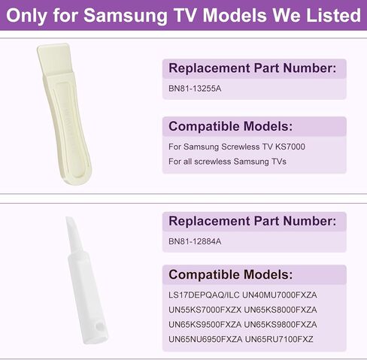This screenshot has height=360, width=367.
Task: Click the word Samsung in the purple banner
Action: [x=125, y=17]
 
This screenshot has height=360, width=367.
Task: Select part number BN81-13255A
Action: [x=195, y=89]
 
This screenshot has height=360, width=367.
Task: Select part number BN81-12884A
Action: [x=195, y=241]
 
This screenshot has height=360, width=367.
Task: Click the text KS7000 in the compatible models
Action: [x=290, y=147]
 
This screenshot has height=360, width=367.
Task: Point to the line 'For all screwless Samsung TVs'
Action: [x=227, y=162]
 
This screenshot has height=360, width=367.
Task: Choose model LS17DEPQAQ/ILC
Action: [x=204, y=295]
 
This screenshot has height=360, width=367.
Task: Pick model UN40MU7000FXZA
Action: [x=280, y=295]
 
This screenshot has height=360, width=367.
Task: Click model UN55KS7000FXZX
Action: [x=205, y=310]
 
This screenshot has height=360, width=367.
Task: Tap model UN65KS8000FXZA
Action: [x=281, y=310]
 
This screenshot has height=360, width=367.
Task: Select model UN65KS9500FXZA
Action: [x=205, y=325]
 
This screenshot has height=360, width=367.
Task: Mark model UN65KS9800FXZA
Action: [x=281, y=325]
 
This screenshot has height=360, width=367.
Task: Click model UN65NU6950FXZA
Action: [x=205, y=340]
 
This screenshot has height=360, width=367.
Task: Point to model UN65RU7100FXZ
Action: [x=279, y=340]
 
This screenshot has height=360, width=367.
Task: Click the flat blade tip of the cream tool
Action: [x=53, y=46]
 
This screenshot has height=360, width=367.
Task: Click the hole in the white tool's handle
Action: [x=100, y=328]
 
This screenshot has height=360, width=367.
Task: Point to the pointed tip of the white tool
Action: [x=68, y=218]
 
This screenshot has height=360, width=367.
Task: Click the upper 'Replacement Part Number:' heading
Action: [x=253, y=68]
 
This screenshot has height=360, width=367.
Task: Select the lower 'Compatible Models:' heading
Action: [x=230, y=274]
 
